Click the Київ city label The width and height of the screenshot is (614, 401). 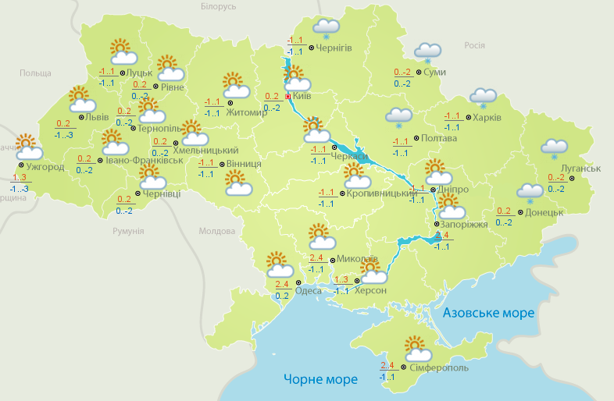pyautogui.click(x=302, y=95)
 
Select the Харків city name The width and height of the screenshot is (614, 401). pyautogui.click(x=487, y=118)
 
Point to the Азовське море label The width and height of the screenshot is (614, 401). pyautogui.click(x=488, y=313)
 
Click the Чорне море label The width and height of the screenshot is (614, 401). pyautogui.click(x=320, y=379)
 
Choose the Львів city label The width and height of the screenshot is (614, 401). pyautogui.click(x=97, y=117)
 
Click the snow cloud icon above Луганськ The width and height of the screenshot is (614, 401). pyautogui.click(x=555, y=147)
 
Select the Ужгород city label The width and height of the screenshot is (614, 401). pyautogui.click(x=45, y=166)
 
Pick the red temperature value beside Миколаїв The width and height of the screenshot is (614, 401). pyautogui.click(x=316, y=258)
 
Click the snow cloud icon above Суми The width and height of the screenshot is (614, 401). pyautogui.click(x=427, y=51)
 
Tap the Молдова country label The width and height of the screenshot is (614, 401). pyautogui.click(x=217, y=231)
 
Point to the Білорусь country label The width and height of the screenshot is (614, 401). pyautogui.click(x=218, y=6)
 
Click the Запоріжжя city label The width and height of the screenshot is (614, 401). pyautogui.click(x=464, y=224)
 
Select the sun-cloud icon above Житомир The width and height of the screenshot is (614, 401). pyautogui.click(x=234, y=83)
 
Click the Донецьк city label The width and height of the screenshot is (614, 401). pyautogui.click(x=544, y=211)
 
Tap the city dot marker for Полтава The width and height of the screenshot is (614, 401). pyautogui.click(x=415, y=140)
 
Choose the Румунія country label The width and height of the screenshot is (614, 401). pyautogui.click(x=128, y=231)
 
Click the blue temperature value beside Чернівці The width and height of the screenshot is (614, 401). pyautogui.click(x=124, y=210)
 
